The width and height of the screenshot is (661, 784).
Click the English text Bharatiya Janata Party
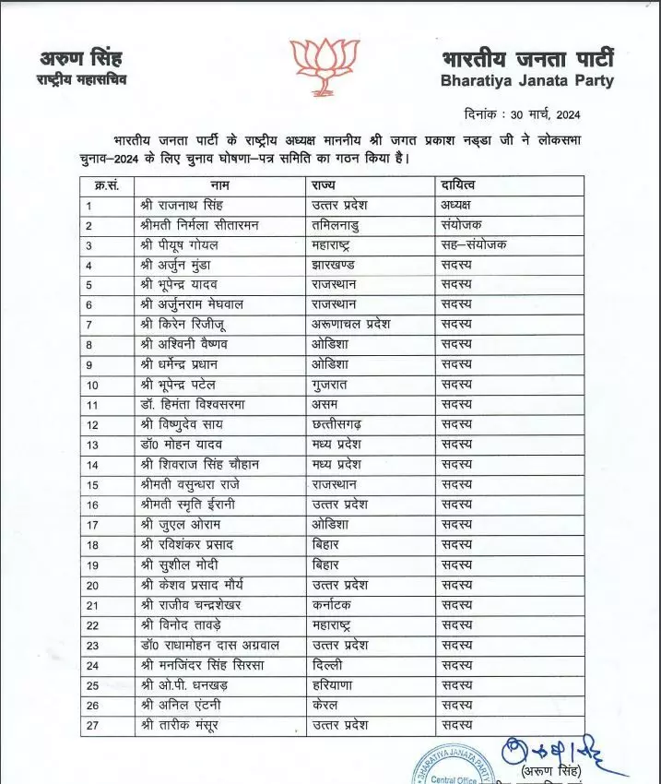(527, 81)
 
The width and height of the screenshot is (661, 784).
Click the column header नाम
(219, 185)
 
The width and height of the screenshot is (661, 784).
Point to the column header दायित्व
(459, 185)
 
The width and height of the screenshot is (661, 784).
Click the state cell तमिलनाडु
(343, 225)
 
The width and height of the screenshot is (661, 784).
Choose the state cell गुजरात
(336, 383)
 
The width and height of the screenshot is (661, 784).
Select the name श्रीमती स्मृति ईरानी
(194, 504)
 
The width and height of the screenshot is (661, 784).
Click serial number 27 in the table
(91, 725)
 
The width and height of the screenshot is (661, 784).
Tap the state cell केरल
(329, 705)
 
